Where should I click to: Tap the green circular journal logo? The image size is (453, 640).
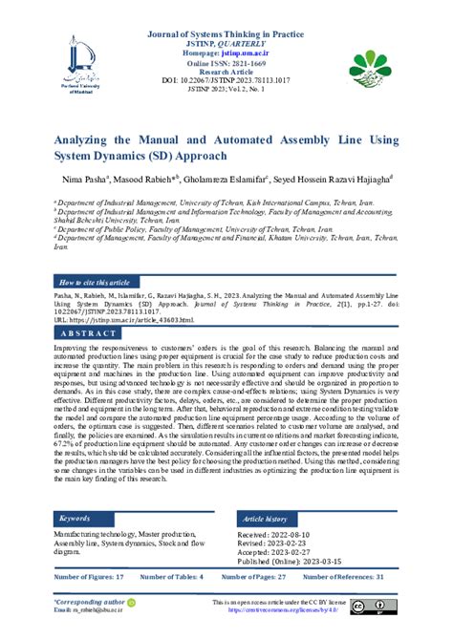pyautogui.click(x=372, y=68)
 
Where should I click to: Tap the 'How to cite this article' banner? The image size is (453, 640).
pyautogui.click(x=95, y=284)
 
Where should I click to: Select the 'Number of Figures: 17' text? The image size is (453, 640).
pyautogui.click(x=89, y=578)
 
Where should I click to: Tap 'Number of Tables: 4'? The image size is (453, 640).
pyautogui.click(x=173, y=578)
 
